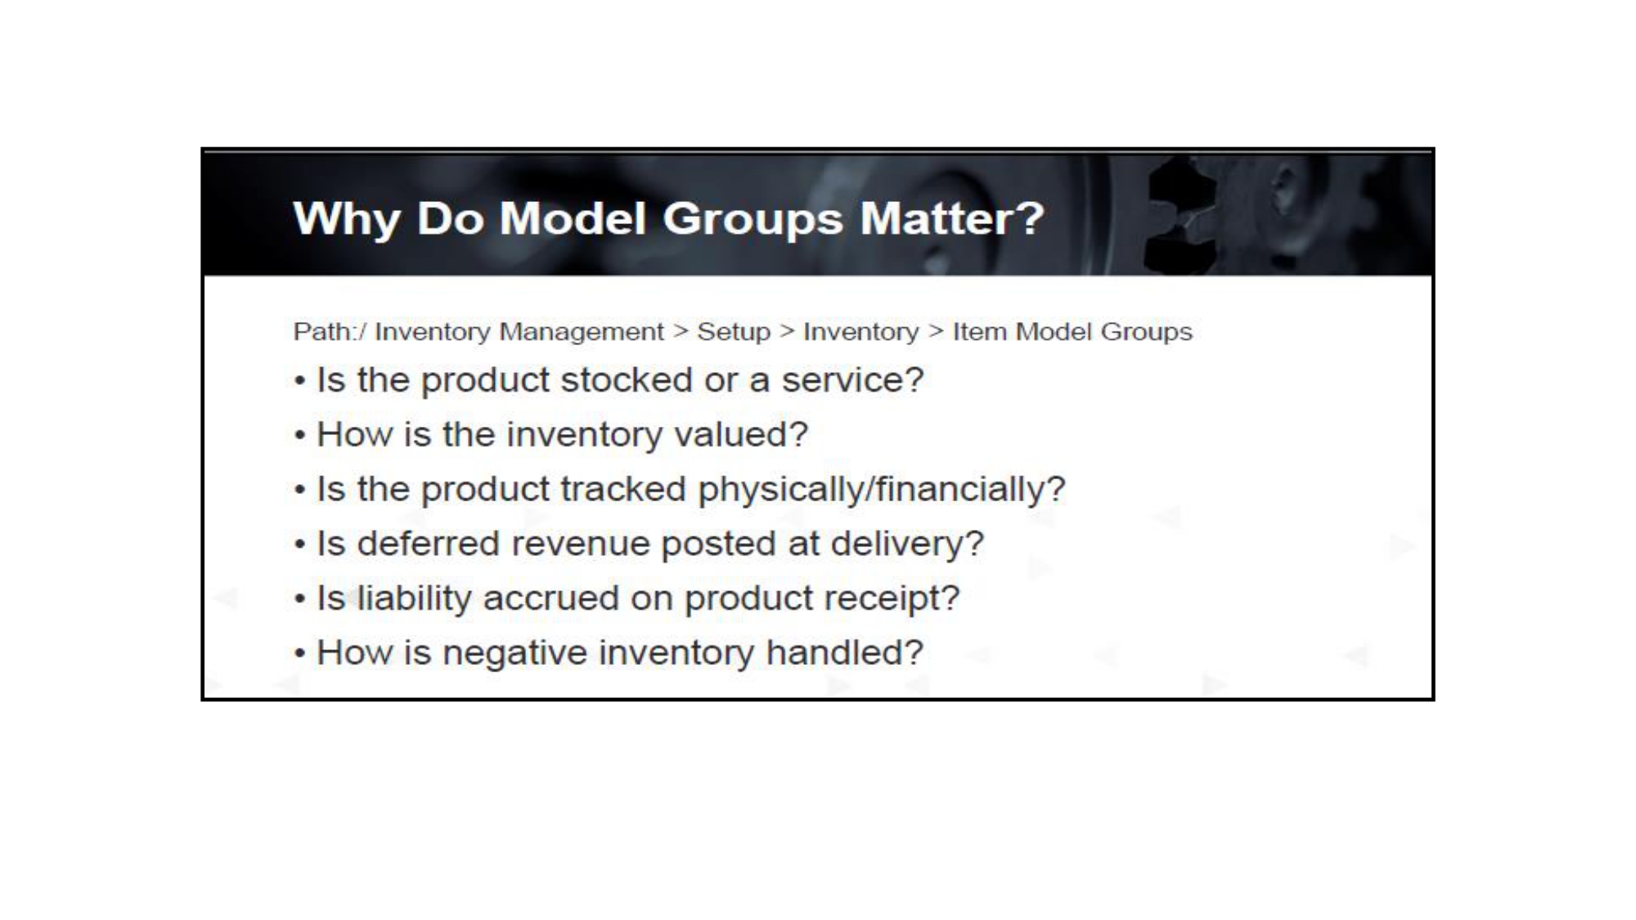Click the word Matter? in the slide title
(x=951, y=218)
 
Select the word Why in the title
(x=347, y=220)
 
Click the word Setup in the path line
(x=734, y=332)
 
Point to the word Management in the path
(x=582, y=332)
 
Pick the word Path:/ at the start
(x=330, y=331)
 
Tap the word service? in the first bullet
(x=852, y=379)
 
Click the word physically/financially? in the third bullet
(x=882, y=489)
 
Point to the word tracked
(x=623, y=489)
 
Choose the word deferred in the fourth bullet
(x=428, y=544)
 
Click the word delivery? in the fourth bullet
(x=907, y=544)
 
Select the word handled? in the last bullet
(x=844, y=653)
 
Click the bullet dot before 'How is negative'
(x=301, y=654)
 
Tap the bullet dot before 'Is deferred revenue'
(x=301, y=545)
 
